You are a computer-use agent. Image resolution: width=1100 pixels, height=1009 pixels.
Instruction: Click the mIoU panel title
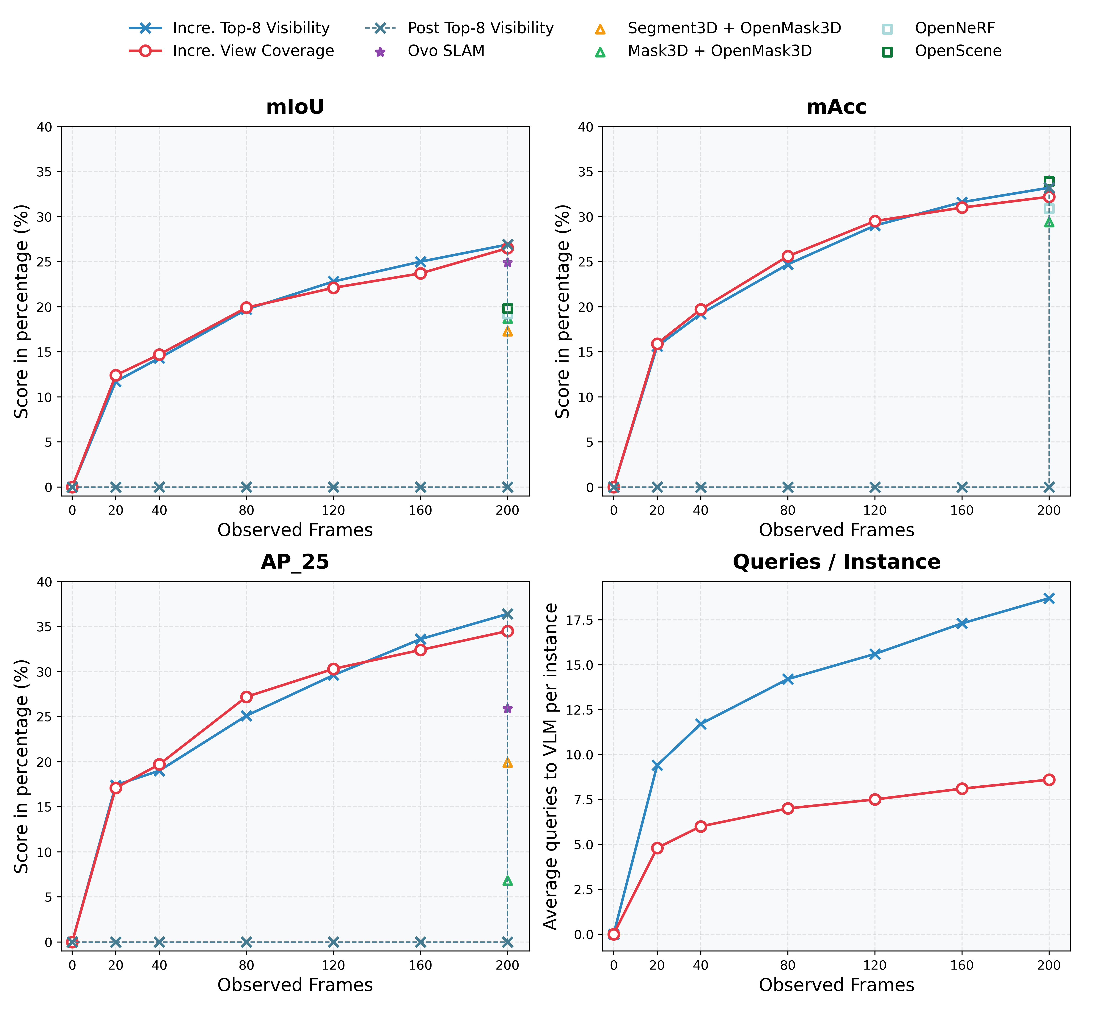295,107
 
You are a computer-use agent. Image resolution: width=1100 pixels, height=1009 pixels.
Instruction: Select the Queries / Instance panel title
836,562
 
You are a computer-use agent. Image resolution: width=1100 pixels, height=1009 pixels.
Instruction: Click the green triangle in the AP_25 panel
507,880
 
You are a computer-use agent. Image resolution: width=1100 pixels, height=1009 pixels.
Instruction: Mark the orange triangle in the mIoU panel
507,331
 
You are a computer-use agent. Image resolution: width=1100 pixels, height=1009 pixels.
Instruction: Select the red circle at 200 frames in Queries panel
1049,780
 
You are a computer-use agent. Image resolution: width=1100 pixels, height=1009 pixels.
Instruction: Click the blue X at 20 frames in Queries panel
657,765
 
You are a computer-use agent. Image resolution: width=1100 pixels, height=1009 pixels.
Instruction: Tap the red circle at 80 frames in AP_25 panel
246,697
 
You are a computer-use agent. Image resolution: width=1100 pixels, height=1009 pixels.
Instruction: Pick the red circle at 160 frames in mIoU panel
420,274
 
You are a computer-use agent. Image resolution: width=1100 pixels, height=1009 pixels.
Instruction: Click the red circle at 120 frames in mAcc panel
875,221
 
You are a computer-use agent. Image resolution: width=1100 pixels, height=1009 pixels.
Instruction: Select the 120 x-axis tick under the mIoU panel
333,510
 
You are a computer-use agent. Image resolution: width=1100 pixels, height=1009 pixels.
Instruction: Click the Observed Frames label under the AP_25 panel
295,985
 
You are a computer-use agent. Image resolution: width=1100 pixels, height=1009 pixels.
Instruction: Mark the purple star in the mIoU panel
507,263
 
